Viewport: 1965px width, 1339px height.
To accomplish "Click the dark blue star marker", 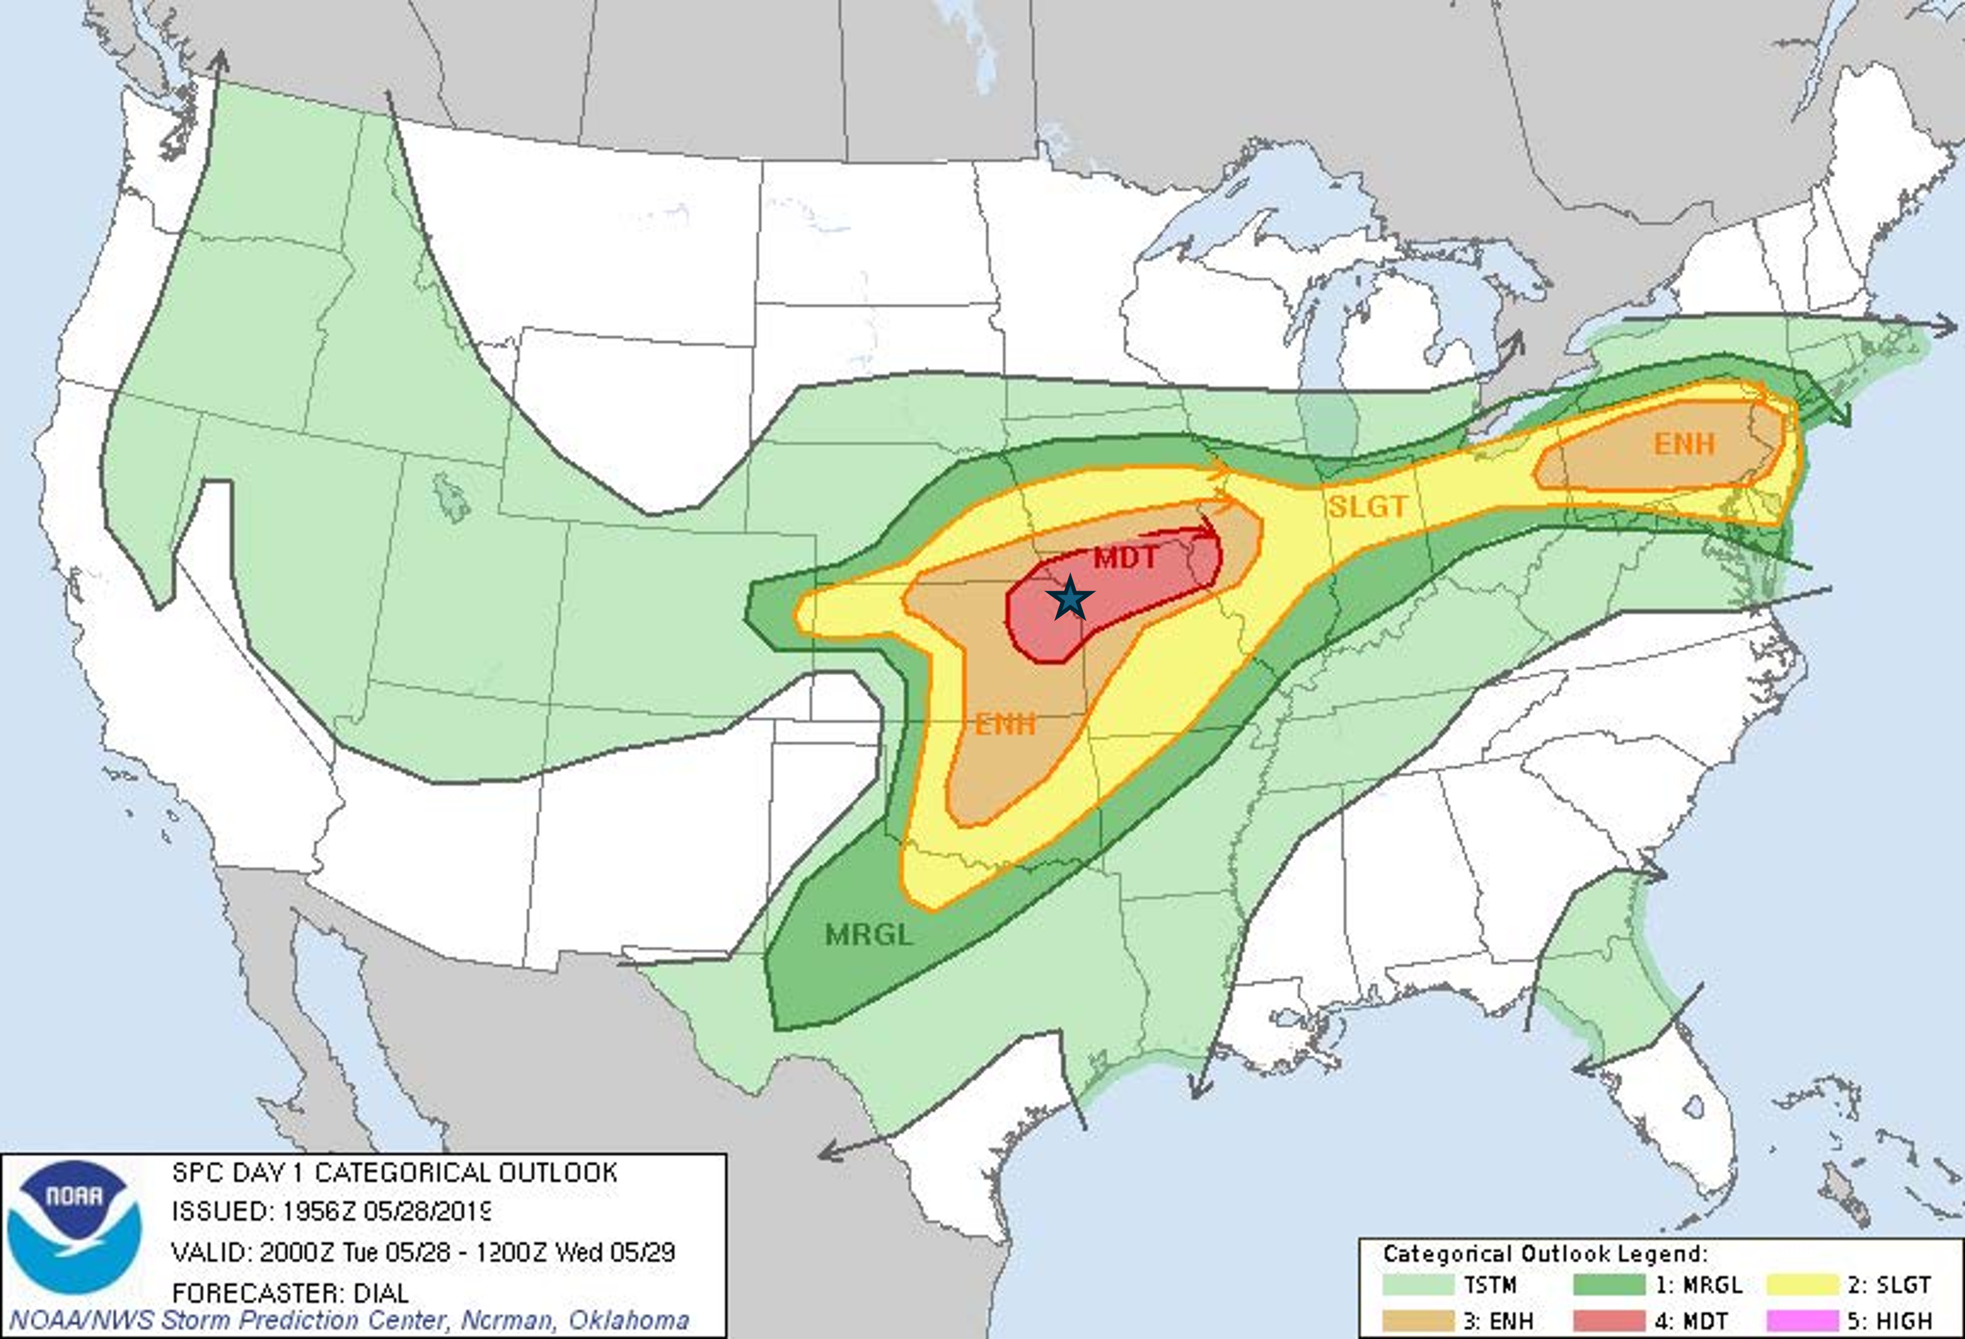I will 1071,598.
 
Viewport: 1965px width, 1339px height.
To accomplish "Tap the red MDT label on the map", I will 1126,558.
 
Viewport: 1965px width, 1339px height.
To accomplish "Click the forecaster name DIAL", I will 381,1293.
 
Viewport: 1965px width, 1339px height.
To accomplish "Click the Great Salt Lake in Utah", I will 450,497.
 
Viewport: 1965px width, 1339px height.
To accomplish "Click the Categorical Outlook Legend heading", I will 1545,1253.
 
